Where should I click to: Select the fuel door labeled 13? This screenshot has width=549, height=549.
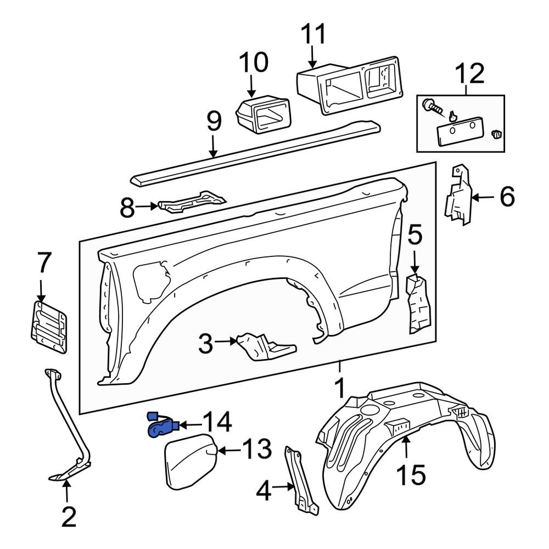click(x=189, y=460)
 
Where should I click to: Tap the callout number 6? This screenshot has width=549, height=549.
click(x=506, y=196)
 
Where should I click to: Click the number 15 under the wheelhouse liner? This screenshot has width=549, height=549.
click(x=411, y=475)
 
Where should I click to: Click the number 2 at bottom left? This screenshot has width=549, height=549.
click(x=69, y=517)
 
